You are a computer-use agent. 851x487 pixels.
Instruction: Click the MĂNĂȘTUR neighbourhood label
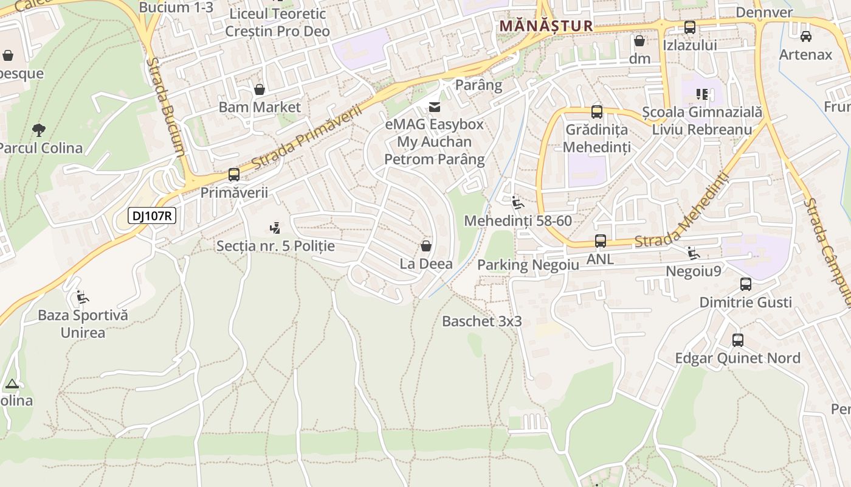[x=546, y=26]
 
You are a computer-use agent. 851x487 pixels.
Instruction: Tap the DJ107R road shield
[x=152, y=215]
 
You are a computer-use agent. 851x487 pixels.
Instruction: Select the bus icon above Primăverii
[x=234, y=175]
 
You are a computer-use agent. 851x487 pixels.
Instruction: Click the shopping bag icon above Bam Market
[x=260, y=89]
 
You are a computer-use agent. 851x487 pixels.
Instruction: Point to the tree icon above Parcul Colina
[x=39, y=129]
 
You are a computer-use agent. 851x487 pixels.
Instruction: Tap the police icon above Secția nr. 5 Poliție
[x=275, y=228]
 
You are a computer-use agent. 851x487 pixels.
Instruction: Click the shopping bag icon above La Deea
[x=426, y=246]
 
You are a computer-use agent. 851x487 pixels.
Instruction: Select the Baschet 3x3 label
[x=481, y=321]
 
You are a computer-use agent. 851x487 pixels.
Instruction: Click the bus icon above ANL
[x=601, y=241]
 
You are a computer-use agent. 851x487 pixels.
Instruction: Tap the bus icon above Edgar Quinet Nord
[x=738, y=340]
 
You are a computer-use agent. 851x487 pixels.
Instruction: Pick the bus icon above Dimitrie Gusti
[x=746, y=284]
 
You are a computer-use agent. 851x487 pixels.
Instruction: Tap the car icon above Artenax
[x=806, y=37]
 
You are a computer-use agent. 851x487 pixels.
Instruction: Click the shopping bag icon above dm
[x=639, y=41]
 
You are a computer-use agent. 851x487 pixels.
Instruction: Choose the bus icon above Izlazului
[x=690, y=27]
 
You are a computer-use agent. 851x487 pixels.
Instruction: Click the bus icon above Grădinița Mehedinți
[x=597, y=112]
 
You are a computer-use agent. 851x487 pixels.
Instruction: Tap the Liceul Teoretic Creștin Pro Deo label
[x=277, y=23]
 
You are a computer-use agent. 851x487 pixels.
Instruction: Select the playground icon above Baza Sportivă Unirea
[x=81, y=297]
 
